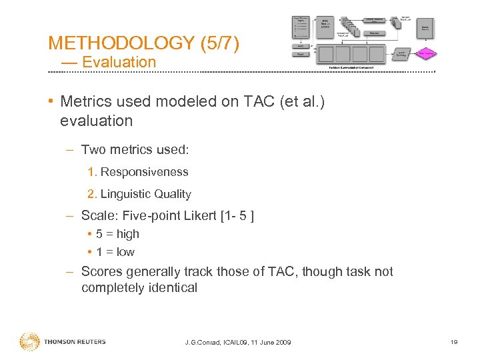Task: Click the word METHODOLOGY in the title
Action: click(121, 43)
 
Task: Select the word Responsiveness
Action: click(144, 172)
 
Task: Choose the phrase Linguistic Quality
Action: click(145, 195)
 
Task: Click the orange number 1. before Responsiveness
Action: click(92, 172)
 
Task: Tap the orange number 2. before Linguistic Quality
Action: click(92, 195)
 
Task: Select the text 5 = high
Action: click(117, 234)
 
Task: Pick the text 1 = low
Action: click(115, 252)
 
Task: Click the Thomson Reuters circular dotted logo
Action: click(29, 342)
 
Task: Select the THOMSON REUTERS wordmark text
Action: click(75, 342)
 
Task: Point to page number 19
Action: click(453, 342)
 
